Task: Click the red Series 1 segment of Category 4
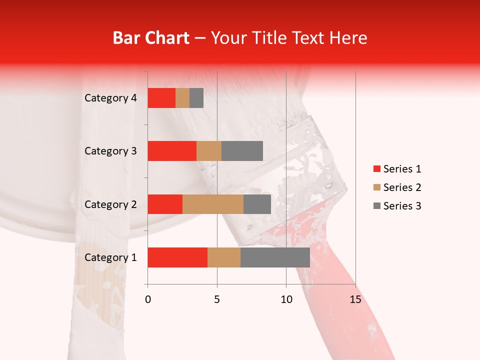[x=161, y=98]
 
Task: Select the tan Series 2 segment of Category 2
[x=213, y=204]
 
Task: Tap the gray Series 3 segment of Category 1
[x=275, y=257]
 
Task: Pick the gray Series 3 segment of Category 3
[x=242, y=151]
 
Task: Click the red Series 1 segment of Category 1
[x=177, y=257]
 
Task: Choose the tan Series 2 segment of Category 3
[x=209, y=151]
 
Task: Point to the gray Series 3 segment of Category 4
[x=196, y=98]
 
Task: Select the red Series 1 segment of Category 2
[x=165, y=204]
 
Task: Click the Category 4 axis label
[x=110, y=98]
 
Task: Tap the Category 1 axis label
[x=110, y=257]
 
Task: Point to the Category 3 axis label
[x=110, y=151]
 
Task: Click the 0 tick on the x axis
[x=147, y=299]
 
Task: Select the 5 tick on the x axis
[x=217, y=299]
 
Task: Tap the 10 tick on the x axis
[x=286, y=299]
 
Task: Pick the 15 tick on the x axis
[x=355, y=299]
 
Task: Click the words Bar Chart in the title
[x=151, y=38]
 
